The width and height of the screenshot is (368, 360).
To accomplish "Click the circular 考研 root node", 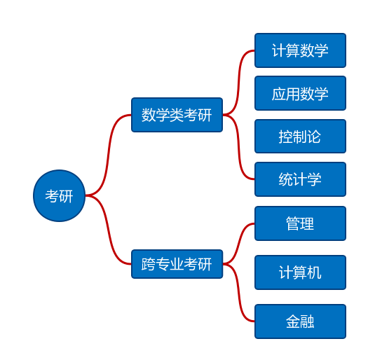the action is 59,195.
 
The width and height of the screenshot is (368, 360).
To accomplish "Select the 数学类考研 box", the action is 177,115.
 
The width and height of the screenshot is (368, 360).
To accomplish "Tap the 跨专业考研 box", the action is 177,264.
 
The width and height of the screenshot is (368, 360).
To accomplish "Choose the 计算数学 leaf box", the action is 300,50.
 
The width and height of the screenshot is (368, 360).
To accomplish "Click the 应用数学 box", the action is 300,93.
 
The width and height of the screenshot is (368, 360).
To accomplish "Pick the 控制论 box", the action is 300,137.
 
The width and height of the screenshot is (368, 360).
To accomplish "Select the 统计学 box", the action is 300,179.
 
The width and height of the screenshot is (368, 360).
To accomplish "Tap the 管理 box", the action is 300,223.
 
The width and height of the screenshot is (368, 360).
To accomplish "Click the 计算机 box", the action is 300,272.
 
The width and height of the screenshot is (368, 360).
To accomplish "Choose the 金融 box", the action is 300,321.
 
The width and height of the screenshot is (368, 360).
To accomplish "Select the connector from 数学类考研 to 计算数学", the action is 239,82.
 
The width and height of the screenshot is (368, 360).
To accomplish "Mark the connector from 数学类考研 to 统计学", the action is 239,148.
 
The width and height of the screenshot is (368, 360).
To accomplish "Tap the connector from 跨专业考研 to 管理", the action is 239,244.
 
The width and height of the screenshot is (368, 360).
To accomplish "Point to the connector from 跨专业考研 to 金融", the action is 239,293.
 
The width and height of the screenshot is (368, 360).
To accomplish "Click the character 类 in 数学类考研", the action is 177,115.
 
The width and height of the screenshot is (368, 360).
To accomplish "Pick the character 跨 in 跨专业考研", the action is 149,264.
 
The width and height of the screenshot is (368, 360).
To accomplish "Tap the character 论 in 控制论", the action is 314,137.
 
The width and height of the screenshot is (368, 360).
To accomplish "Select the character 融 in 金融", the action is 307,321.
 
